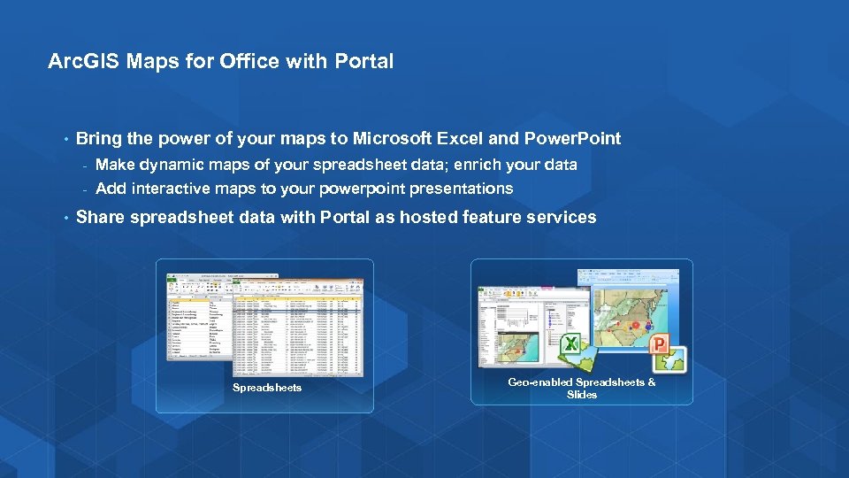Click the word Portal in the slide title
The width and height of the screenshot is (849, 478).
(x=364, y=62)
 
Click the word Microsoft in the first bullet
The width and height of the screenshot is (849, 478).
(x=392, y=139)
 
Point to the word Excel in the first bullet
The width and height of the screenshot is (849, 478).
(x=459, y=139)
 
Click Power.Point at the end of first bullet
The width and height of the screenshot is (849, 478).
(x=572, y=139)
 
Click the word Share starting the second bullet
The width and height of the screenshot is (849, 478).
(x=100, y=218)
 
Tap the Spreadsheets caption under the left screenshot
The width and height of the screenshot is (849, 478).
(x=267, y=388)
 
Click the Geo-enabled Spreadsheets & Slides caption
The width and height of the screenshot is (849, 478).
(x=581, y=388)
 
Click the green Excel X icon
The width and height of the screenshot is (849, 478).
(x=572, y=344)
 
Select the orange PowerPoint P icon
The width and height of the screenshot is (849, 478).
(x=659, y=345)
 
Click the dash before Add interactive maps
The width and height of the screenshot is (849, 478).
(x=84, y=189)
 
